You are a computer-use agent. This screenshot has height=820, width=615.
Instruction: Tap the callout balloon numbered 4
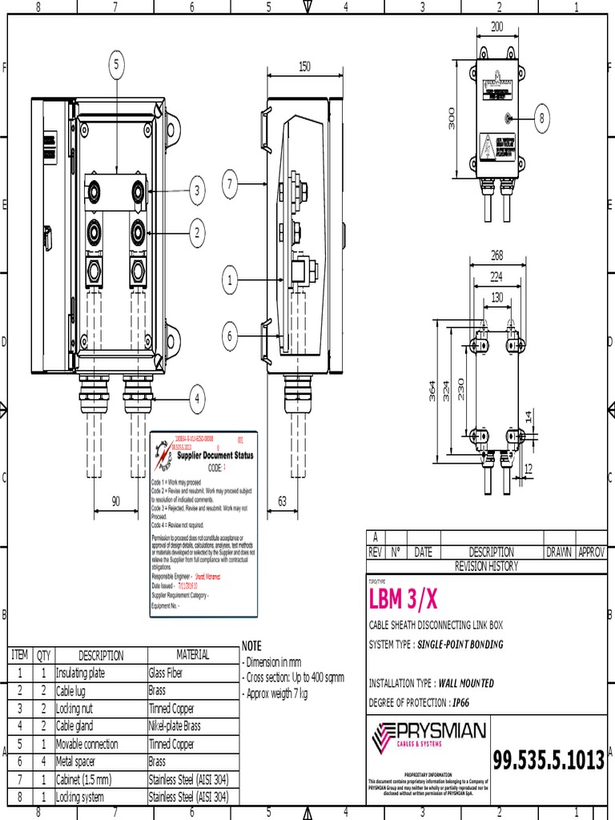tap(197, 396)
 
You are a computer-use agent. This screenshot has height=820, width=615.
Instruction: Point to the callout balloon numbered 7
tap(231, 184)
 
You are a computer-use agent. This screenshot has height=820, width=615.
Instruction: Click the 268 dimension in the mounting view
tap(496, 257)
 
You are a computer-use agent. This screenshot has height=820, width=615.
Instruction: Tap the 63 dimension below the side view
tap(281, 501)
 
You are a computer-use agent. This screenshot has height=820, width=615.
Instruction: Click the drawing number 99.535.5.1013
tap(549, 761)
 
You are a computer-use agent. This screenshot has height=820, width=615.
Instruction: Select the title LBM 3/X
tap(404, 599)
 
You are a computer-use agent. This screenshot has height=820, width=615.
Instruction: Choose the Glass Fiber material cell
tap(166, 673)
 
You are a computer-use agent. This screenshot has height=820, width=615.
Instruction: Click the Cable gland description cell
tap(74, 726)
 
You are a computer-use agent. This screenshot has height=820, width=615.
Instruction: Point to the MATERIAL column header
tap(193, 655)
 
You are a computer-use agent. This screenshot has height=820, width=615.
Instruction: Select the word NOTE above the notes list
tap(252, 645)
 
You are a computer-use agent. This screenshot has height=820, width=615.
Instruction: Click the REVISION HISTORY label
tap(486, 566)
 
